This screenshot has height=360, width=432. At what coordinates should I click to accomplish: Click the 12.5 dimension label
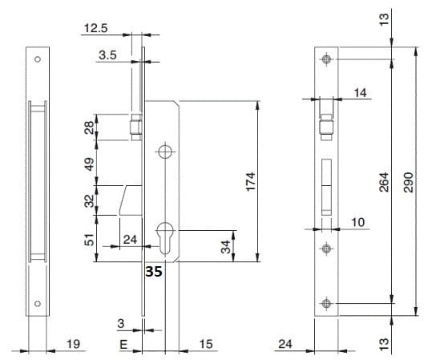(95, 28)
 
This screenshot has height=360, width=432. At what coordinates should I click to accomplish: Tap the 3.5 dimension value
(107, 55)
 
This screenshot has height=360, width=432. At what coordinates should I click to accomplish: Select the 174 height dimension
(251, 182)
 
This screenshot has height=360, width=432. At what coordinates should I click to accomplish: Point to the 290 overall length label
(408, 182)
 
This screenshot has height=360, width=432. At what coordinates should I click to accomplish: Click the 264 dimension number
(384, 182)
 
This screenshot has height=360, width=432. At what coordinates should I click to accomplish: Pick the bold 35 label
(154, 272)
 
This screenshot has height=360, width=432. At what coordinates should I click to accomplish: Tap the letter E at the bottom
(123, 345)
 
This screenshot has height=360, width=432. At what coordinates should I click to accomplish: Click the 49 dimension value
(89, 164)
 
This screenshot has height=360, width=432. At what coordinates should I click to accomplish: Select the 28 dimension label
(89, 127)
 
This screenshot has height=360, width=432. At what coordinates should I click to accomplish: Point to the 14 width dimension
(361, 93)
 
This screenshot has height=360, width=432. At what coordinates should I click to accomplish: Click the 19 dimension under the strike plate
(73, 344)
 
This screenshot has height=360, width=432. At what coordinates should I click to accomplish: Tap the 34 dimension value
(226, 247)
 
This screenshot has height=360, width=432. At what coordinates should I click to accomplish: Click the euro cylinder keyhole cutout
(165, 237)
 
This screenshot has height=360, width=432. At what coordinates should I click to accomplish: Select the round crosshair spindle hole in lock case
(165, 152)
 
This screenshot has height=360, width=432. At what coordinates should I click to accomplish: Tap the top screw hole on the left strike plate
(38, 59)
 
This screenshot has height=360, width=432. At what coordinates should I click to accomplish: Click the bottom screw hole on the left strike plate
(38, 304)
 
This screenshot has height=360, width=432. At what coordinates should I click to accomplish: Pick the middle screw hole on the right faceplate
(326, 249)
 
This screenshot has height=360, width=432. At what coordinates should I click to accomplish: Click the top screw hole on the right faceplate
(326, 59)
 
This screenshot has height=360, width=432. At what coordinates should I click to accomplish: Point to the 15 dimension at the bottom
(206, 344)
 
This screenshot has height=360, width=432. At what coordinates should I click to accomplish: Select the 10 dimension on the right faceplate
(358, 222)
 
